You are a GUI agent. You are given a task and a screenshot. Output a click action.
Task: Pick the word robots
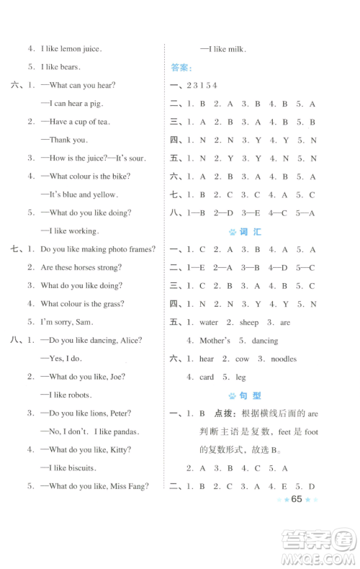click(86, 395)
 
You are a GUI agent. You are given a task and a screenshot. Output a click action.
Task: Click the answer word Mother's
click(215, 340)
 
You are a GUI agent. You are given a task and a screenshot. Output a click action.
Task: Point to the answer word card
click(207, 377)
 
